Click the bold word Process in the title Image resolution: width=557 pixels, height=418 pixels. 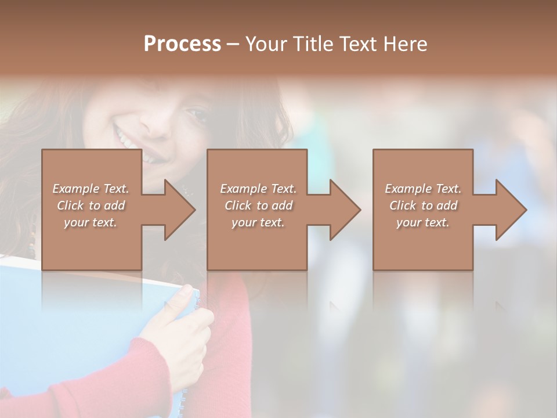click(182, 44)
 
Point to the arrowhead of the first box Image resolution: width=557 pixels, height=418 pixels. click(180, 210)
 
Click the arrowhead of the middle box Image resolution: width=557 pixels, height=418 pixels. click(345, 210)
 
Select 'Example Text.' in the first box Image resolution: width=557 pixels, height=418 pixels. click(91, 189)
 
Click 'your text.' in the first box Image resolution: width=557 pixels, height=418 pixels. click(91, 222)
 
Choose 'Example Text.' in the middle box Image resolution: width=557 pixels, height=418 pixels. click(258, 189)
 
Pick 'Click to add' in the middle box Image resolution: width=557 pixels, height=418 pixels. click(258, 206)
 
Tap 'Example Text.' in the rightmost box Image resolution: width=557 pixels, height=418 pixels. click(423, 189)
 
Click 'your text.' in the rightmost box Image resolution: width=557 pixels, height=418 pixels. click(423, 222)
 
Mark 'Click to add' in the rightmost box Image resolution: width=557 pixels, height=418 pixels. click(423, 206)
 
